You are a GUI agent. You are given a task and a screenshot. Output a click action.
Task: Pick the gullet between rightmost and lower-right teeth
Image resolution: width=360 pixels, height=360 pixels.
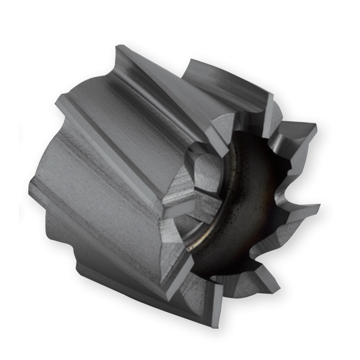(x=288, y=242)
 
